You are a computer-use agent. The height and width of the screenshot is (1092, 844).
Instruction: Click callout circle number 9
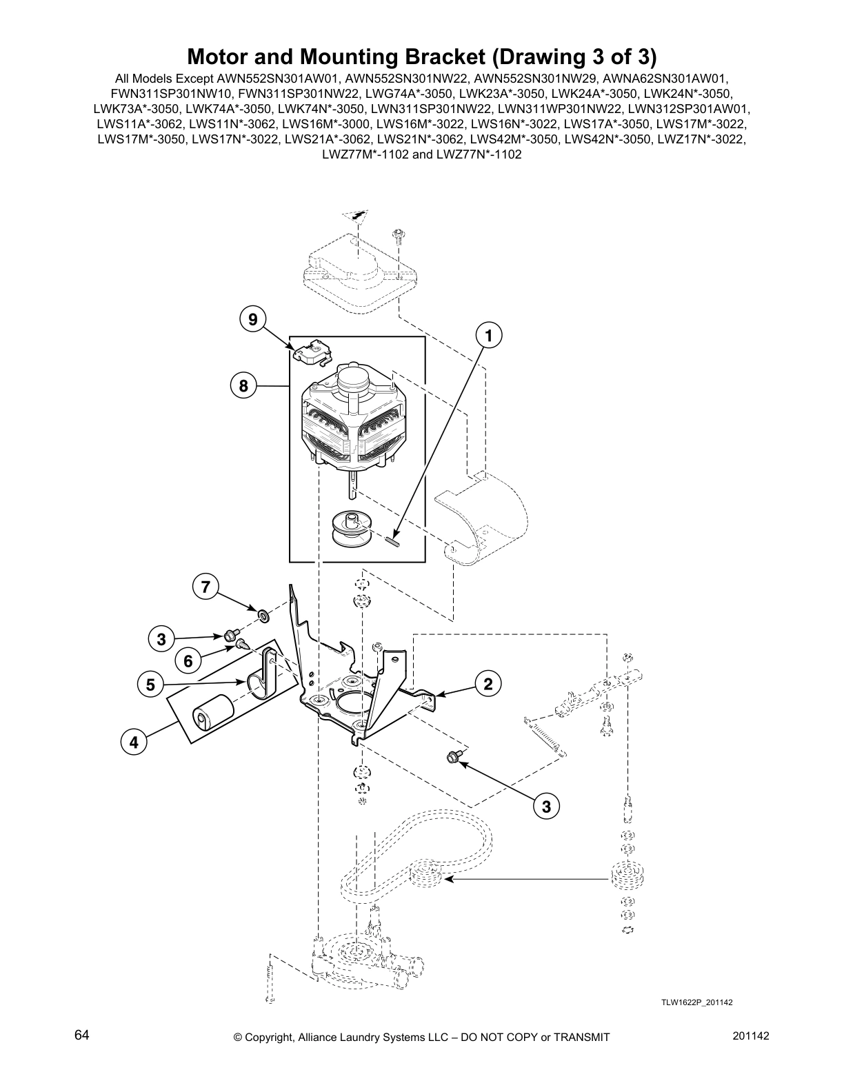tap(253, 319)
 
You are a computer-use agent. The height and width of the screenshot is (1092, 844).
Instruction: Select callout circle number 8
tap(243, 385)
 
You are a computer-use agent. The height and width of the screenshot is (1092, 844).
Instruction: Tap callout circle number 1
tap(488, 336)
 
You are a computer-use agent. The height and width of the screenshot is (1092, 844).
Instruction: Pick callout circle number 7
tap(205, 587)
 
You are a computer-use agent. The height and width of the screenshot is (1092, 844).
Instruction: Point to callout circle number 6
tap(188, 660)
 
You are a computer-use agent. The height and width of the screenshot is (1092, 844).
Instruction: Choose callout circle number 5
tap(150, 685)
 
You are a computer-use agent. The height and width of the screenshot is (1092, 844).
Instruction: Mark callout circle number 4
tap(134, 742)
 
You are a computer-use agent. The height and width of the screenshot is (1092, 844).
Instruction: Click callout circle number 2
tap(488, 685)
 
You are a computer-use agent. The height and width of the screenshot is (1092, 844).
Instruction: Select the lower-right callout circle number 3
tap(546, 806)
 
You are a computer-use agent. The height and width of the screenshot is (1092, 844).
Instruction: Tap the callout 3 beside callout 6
tap(161, 639)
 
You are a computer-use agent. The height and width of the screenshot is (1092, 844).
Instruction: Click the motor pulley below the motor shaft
tap(352, 528)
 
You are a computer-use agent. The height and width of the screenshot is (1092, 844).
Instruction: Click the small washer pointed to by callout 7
tap(263, 613)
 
